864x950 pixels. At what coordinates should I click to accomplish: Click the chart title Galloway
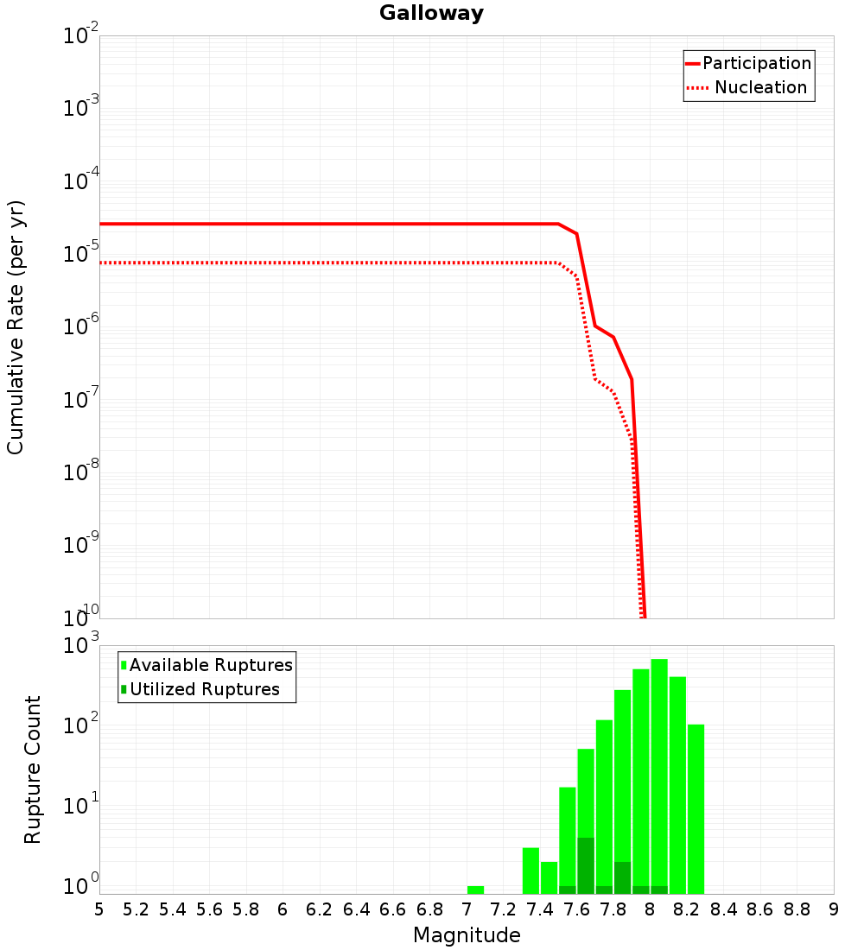[x=431, y=13]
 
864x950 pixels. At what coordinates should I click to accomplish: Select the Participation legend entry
[x=756, y=63]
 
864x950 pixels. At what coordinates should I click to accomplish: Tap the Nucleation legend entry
[x=760, y=87]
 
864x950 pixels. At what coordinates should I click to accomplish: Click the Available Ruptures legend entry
[x=211, y=665]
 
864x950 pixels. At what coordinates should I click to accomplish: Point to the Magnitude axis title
[x=467, y=935]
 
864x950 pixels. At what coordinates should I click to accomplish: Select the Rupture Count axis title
[x=33, y=769]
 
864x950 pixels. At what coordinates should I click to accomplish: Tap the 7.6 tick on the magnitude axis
[x=576, y=909]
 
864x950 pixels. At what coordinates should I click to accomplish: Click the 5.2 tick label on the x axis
[x=136, y=909]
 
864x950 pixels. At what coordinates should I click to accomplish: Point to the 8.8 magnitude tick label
[x=797, y=909]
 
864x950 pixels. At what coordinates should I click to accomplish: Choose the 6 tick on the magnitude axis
[x=283, y=909]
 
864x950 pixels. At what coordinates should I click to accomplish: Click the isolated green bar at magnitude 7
[x=475, y=890]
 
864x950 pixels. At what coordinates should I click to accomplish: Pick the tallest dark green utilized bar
[x=586, y=865]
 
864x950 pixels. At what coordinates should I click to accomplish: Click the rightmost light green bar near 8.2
[x=696, y=807]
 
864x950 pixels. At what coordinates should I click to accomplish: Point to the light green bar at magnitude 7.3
[x=530, y=871]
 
